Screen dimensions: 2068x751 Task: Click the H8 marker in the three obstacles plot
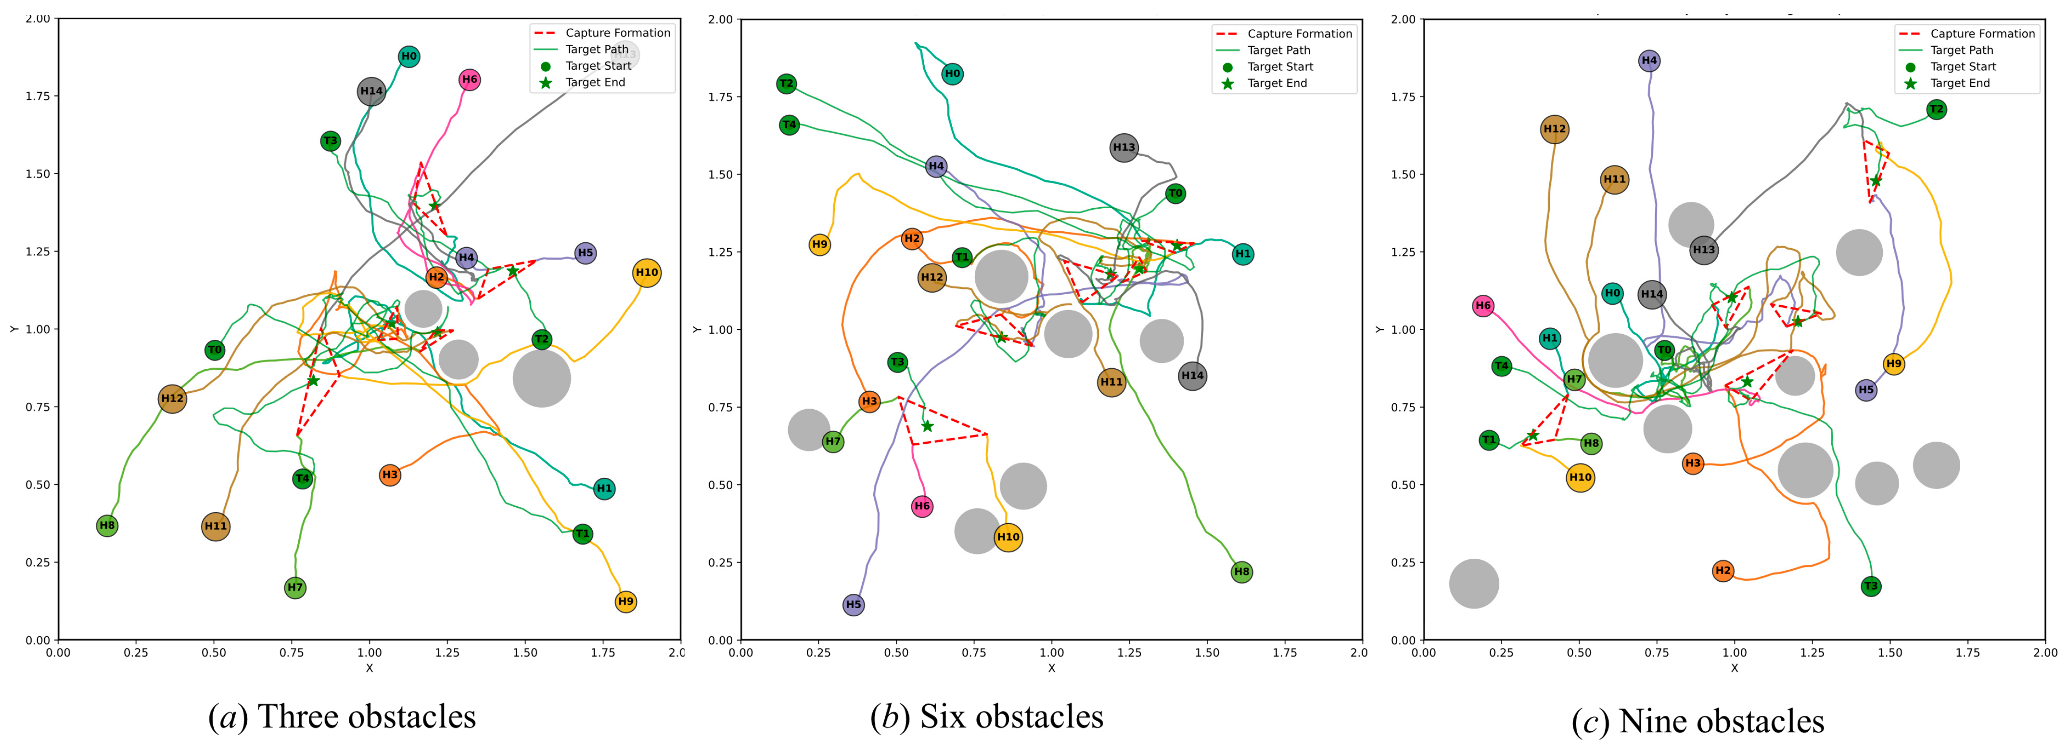point(107,526)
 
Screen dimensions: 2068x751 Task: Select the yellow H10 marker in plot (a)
point(646,273)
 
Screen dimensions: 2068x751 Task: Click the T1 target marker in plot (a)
point(583,534)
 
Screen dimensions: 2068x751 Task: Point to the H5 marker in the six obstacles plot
point(854,604)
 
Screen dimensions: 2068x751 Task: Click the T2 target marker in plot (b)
point(787,84)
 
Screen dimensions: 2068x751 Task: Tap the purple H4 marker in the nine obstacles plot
point(1649,60)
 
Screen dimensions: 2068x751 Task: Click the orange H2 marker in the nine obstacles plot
point(1723,571)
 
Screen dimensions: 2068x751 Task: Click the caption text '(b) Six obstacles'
point(987,716)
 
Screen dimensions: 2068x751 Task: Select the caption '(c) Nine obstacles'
point(1698,721)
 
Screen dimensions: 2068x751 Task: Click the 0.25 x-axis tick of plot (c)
point(1501,652)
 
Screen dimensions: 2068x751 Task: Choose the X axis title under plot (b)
point(1052,667)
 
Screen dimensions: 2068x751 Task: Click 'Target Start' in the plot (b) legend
point(1280,67)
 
